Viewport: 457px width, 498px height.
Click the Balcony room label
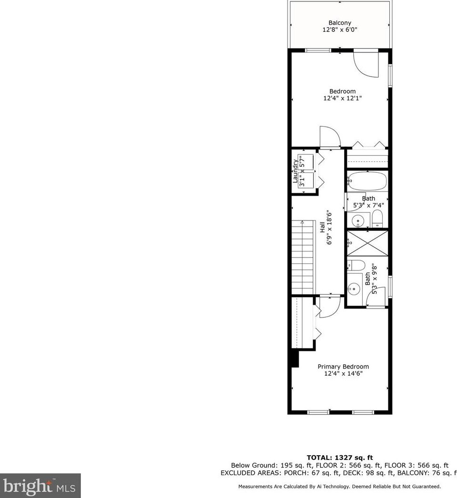pos(340,23)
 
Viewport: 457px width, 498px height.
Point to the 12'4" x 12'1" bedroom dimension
pos(343,99)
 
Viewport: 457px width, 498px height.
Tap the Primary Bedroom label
pos(343,367)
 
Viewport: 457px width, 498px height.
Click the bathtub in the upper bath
pos(367,181)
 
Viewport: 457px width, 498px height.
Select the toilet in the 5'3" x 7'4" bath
pos(377,219)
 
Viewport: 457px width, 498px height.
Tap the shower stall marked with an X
pos(367,243)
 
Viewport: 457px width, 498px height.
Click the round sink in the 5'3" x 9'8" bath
pos(353,288)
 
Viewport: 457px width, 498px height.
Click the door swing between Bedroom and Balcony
pos(366,64)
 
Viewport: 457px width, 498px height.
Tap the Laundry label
pos(295,171)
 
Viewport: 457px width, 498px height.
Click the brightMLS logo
pos(40,486)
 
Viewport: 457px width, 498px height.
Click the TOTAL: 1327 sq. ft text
pos(339,458)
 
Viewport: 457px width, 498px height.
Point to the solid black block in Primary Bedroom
pos(294,359)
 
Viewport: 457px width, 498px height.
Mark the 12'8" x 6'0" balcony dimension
pos(340,30)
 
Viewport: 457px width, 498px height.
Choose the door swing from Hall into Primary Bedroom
pos(329,307)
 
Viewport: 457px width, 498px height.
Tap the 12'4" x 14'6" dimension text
pos(343,374)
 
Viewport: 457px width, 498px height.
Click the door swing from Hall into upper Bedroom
pos(330,137)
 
